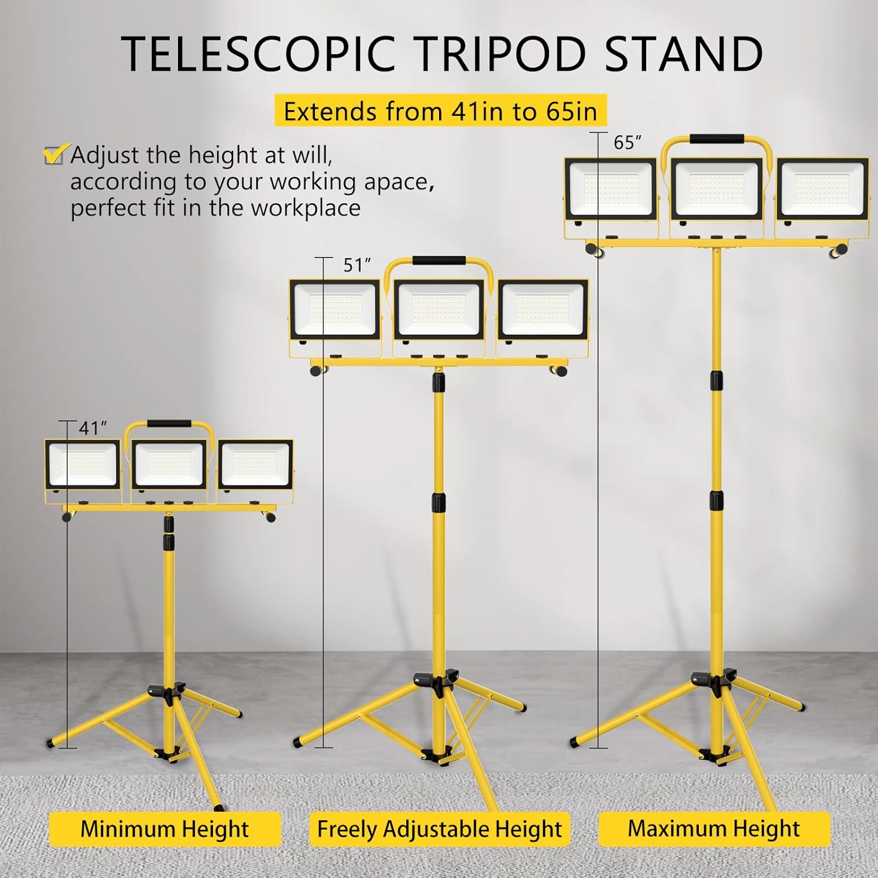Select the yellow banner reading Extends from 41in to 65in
pyautogui.click(x=440, y=111)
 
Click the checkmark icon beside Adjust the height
pyautogui.click(x=56, y=155)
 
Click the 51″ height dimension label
pyautogui.click(x=357, y=265)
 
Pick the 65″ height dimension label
pyautogui.click(x=627, y=142)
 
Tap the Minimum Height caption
pyautogui.click(x=164, y=829)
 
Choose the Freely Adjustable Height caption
pyautogui.click(x=439, y=829)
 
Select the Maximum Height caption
pyautogui.click(x=714, y=828)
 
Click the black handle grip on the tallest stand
pyautogui.click(x=716, y=139)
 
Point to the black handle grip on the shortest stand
pyautogui.click(x=169, y=424)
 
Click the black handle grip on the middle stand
pyautogui.click(x=439, y=260)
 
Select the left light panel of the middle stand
pyautogui.click(x=335, y=311)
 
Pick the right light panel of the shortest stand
pyautogui.click(x=255, y=465)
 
